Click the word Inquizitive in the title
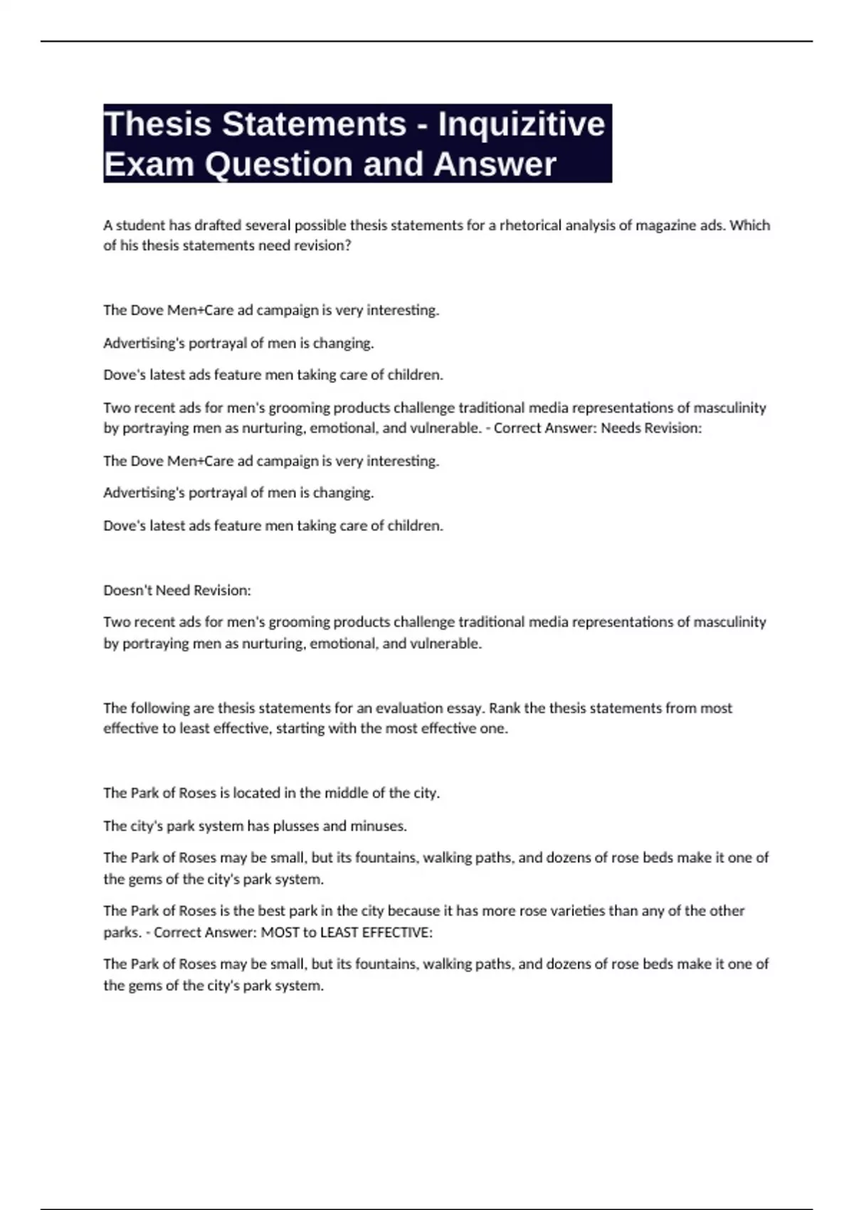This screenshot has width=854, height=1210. pos(521,124)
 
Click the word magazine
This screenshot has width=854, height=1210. pos(662,226)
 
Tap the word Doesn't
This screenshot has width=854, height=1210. pos(127,590)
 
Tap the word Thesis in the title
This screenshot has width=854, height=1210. pos(158,124)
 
